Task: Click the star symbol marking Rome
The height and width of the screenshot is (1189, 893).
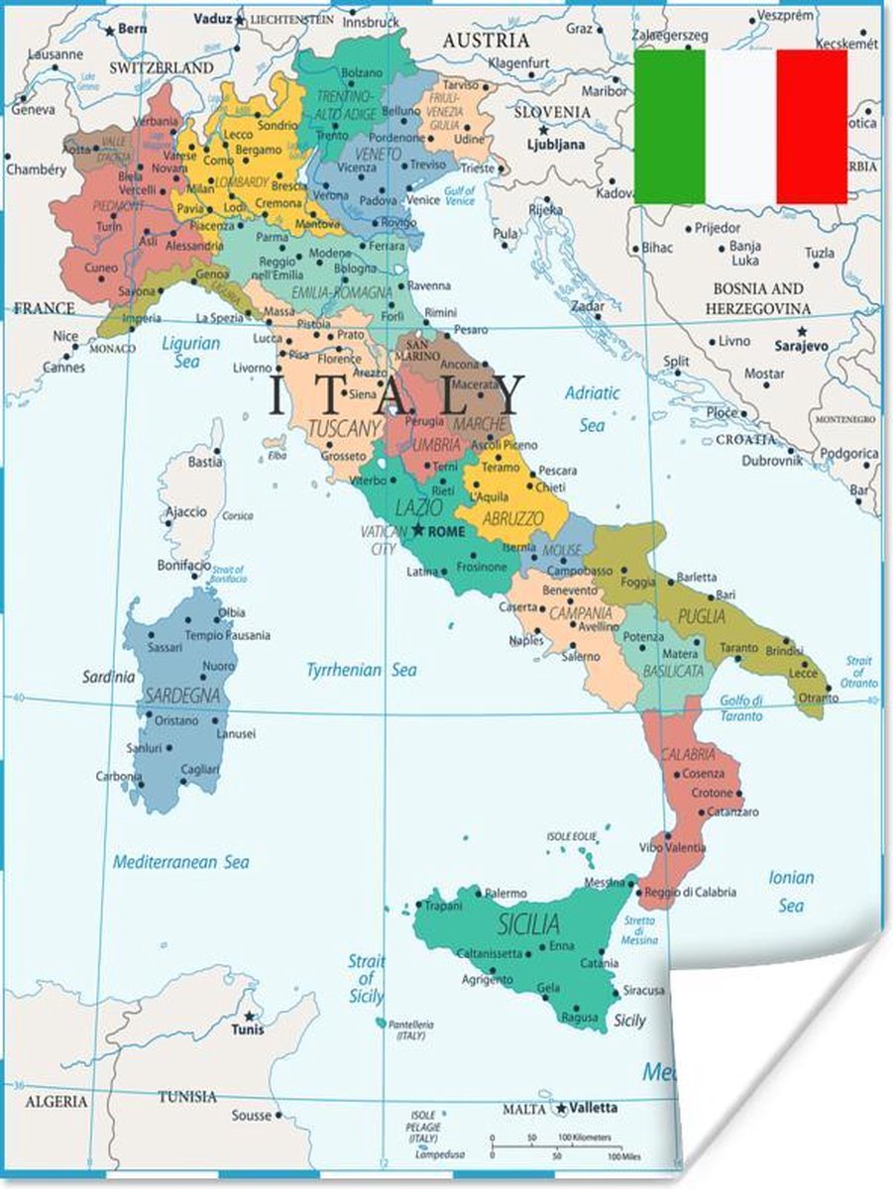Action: pos(418,530)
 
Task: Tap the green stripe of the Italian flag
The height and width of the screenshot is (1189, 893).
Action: pos(669,126)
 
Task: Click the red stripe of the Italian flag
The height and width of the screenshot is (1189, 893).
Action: pos(812,126)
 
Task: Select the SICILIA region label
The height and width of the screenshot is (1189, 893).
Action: pos(528,925)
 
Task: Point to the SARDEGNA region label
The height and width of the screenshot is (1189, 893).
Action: pos(181,696)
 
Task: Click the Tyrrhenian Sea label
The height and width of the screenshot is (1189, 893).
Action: pos(361,670)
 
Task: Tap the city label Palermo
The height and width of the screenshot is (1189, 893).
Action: pos(505,893)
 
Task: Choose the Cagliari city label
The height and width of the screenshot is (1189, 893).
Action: pos(200,769)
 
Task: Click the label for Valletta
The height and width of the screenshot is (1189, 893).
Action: pos(594,1107)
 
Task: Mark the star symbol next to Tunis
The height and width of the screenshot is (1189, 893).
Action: pos(250,1016)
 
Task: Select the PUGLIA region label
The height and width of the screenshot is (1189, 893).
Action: pos(701,616)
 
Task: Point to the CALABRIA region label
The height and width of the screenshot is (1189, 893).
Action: pos(688,754)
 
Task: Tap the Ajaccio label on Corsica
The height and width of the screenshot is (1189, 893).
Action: pos(185,512)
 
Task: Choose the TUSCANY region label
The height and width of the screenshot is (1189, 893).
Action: pos(344,429)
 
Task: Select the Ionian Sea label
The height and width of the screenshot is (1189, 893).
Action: pos(791,891)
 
